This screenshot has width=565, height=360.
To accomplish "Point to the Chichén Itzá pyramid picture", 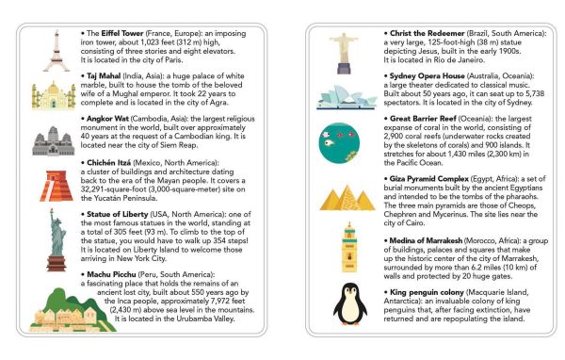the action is (53, 185).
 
